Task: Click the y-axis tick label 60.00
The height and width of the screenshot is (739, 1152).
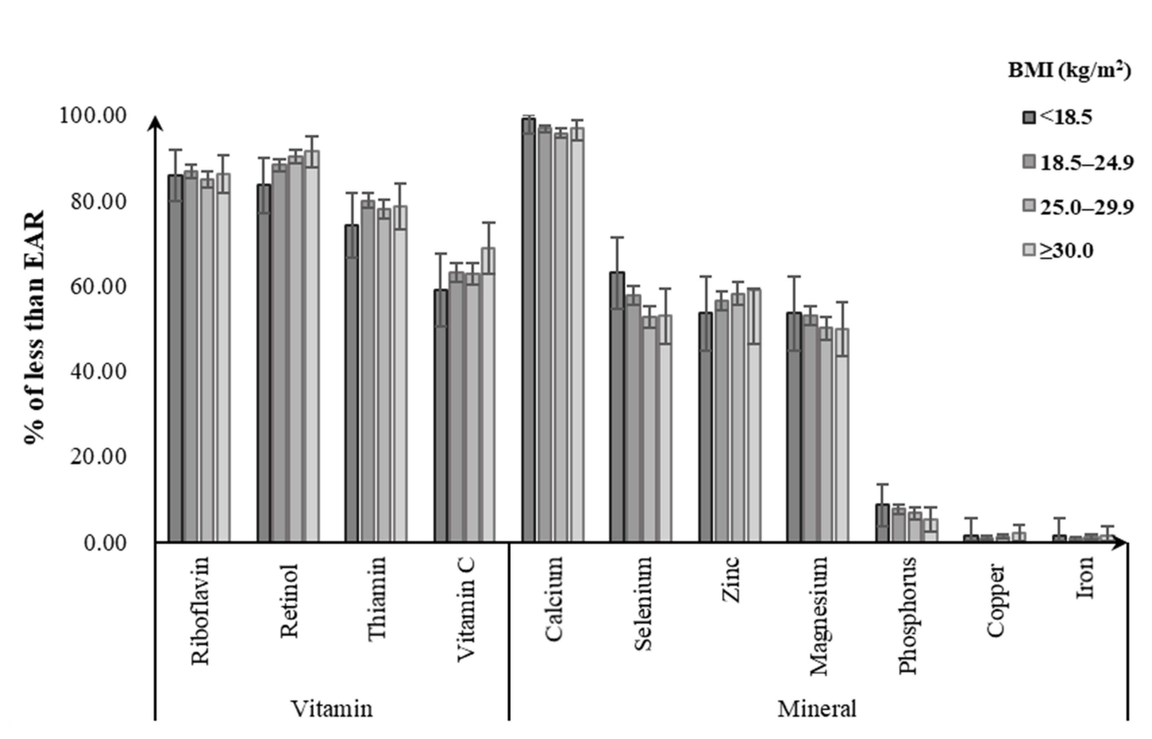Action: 99,287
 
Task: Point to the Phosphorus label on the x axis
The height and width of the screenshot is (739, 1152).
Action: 907,615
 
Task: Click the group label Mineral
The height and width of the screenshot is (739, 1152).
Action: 817,709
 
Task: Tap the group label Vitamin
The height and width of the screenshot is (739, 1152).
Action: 332,709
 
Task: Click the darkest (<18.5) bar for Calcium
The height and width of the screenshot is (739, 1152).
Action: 528,331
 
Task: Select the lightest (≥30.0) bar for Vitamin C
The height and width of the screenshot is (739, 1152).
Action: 488,396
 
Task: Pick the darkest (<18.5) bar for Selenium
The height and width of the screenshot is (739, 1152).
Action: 617,408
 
